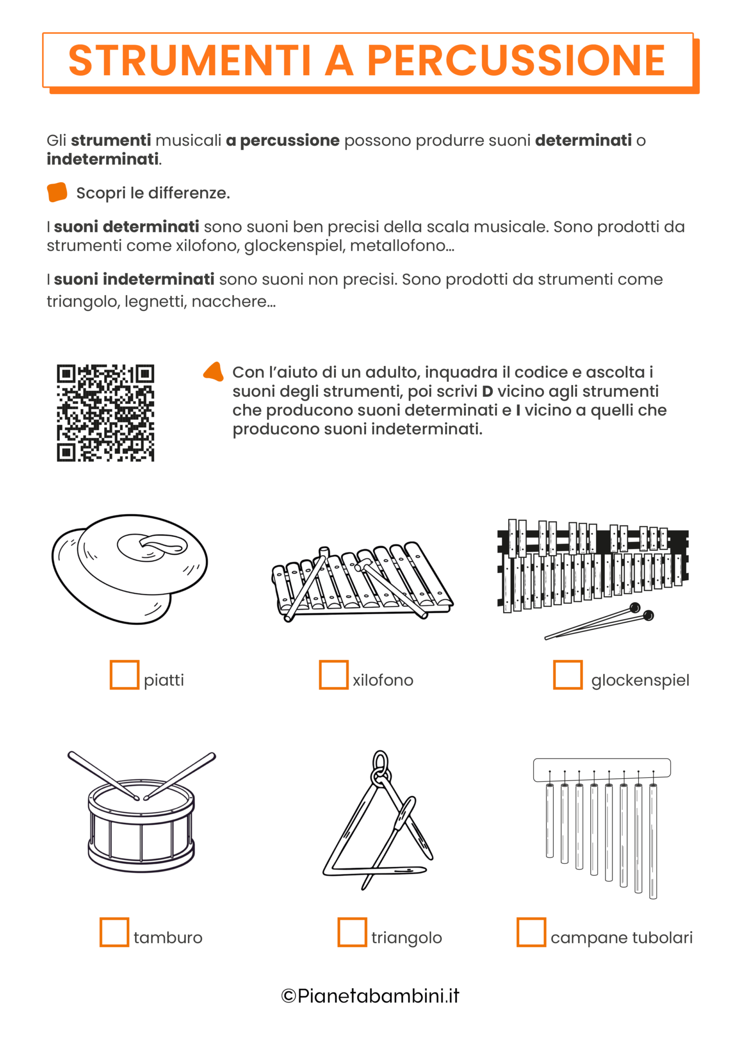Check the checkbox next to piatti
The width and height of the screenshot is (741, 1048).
(124, 674)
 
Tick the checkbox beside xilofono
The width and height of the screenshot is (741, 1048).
(334, 674)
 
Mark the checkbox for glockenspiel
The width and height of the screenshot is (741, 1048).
(568, 674)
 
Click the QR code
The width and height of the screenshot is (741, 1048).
(105, 413)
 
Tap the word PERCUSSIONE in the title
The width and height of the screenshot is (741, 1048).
(516, 60)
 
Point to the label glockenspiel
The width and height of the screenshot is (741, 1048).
(640, 680)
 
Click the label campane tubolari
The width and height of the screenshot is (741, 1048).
(621, 937)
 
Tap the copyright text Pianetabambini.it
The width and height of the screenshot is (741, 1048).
(370, 996)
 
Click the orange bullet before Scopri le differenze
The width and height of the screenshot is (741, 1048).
(57, 192)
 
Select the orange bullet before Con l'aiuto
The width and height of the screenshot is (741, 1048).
(214, 372)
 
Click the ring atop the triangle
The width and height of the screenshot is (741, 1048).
(380, 761)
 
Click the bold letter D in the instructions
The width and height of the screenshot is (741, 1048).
(487, 391)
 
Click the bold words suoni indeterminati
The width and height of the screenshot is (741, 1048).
(134, 279)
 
